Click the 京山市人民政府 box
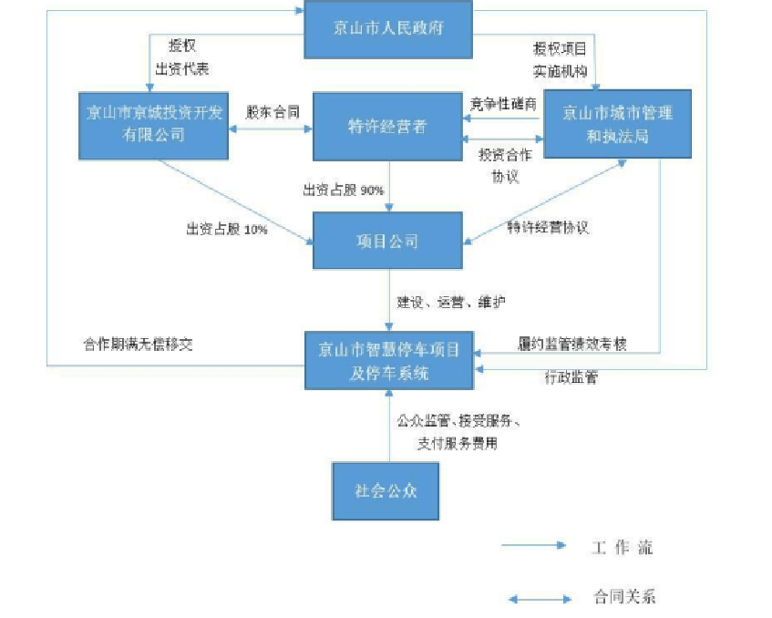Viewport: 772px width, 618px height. point(389,26)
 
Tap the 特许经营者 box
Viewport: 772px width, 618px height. point(388,127)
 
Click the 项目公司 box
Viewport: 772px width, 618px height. point(387,242)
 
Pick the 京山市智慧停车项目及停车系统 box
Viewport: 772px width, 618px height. point(388,361)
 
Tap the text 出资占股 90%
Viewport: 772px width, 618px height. point(344,191)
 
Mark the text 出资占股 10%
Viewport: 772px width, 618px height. point(226,230)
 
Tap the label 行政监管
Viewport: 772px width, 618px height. point(571,377)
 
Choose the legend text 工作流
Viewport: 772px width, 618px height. point(621,548)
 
